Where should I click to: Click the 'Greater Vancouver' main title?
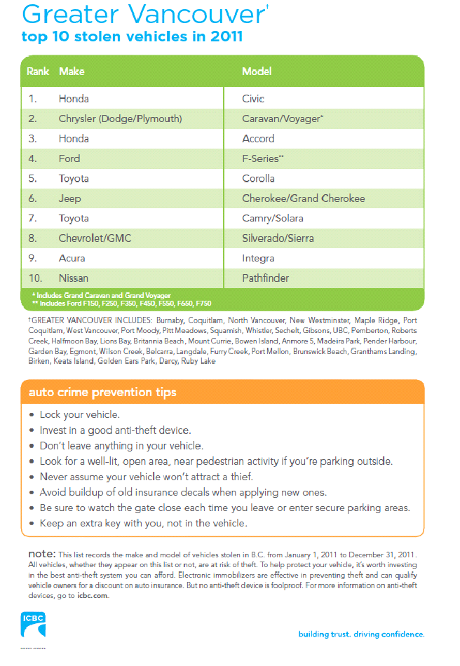point(126,13)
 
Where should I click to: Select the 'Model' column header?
point(257,72)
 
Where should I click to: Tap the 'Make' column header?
point(72,72)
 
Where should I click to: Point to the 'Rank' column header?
point(38,72)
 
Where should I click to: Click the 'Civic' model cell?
point(253,99)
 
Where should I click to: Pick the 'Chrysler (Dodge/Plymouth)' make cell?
point(120,118)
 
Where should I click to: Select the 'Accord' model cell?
point(258,139)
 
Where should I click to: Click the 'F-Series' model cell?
point(261,158)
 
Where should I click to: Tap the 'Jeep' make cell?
point(69,198)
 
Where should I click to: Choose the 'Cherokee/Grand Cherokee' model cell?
point(303,198)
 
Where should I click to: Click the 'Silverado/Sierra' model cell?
point(278,238)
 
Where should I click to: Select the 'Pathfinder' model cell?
point(265,278)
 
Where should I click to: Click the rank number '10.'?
point(36,278)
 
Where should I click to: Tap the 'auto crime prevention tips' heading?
point(102,391)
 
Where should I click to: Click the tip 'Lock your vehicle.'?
point(79,414)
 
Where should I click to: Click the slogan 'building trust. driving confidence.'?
point(361,634)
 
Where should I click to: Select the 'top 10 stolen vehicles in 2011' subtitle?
point(132,36)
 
